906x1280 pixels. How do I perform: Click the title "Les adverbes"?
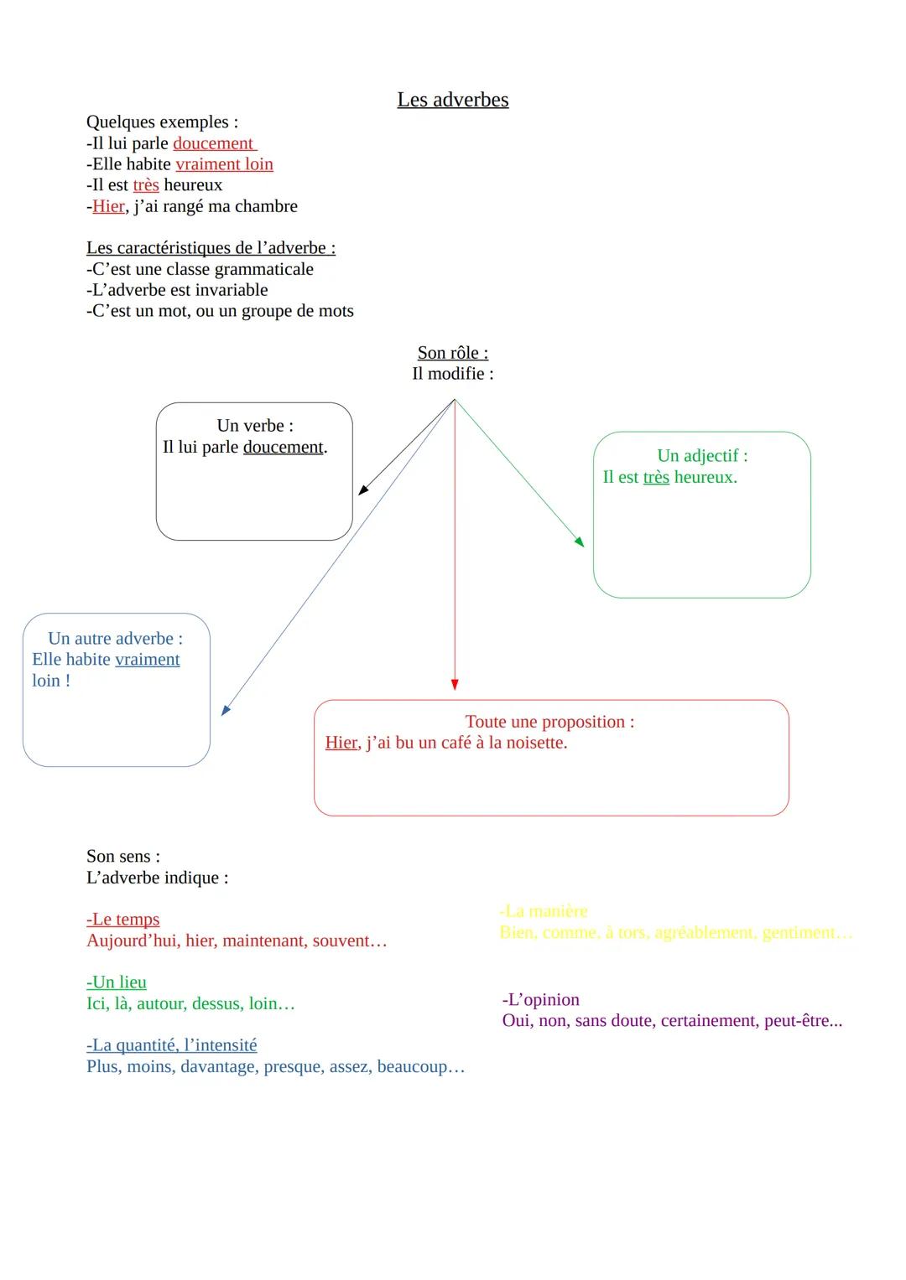pyautogui.click(x=452, y=100)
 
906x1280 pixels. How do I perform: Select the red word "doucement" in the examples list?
pyautogui.click(x=213, y=143)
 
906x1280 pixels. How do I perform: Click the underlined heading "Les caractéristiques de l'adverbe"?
pyautogui.click(x=210, y=248)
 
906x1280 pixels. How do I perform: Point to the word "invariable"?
pyautogui.click(x=227, y=290)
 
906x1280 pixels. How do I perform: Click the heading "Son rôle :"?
pyautogui.click(x=452, y=353)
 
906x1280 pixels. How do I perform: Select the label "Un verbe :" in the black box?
pyautogui.click(x=254, y=426)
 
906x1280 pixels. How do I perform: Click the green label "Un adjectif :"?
pyautogui.click(x=702, y=456)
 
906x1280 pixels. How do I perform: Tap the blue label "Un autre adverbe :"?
pyautogui.click(x=115, y=639)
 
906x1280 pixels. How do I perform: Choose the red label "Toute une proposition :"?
pyautogui.click(x=549, y=722)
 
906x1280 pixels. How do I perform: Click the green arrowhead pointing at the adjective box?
pyautogui.click(x=579, y=542)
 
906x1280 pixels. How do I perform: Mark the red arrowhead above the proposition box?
pyautogui.click(x=455, y=684)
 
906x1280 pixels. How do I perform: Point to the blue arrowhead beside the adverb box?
pyautogui.click(x=225, y=710)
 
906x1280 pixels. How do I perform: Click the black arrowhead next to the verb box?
pyautogui.click(x=363, y=490)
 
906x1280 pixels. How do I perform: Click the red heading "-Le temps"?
pyautogui.click(x=122, y=920)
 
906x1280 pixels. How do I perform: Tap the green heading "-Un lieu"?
pyautogui.click(x=117, y=982)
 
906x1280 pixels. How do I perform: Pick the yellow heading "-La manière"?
pyautogui.click(x=544, y=911)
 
